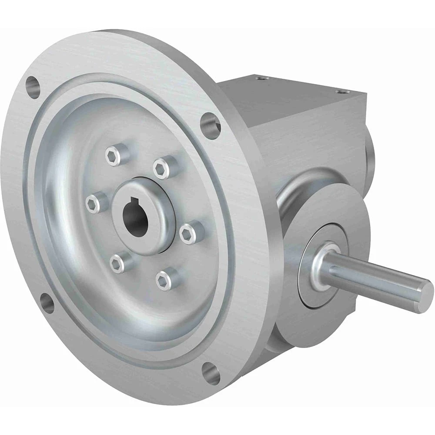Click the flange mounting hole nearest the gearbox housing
[x=210, y=126]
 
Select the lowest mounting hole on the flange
[x=211, y=373]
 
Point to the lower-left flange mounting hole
[x=47, y=303]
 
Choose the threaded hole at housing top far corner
[x=339, y=91]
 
